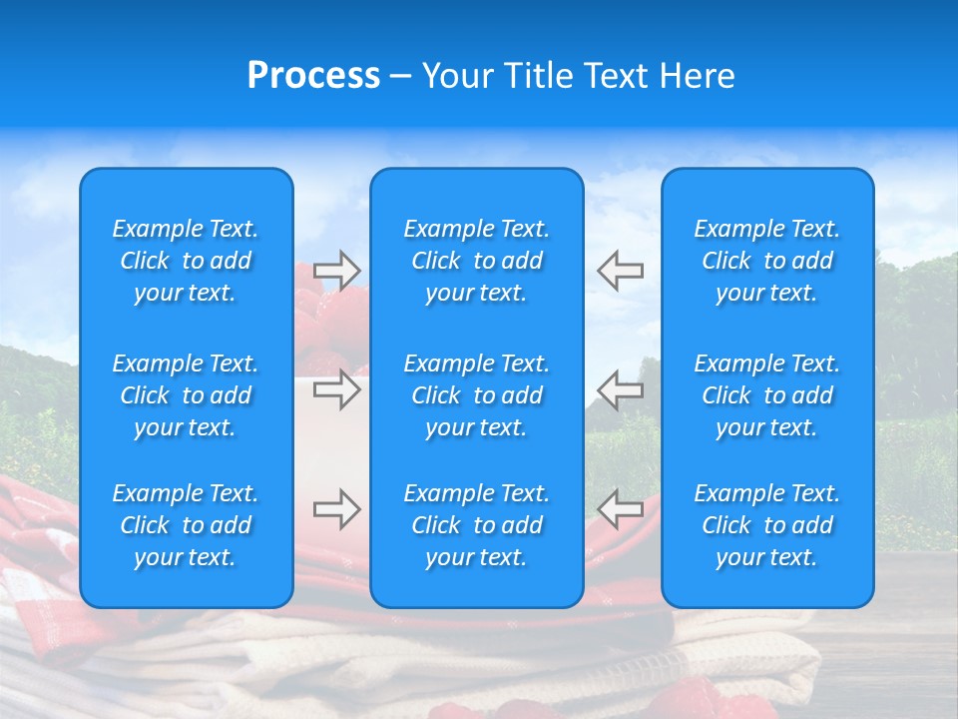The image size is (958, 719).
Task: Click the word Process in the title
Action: pos(313,76)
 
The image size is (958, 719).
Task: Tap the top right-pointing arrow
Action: pos(336,270)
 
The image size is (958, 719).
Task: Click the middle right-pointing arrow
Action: pos(336,389)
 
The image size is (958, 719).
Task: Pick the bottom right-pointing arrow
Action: pos(336,509)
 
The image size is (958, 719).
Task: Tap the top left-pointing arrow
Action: pos(621,270)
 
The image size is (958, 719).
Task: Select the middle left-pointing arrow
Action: pos(621,389)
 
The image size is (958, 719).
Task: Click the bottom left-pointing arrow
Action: pos(621,509)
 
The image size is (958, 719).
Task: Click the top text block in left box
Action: pos(186,261)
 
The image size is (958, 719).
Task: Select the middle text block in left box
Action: pos(186,395)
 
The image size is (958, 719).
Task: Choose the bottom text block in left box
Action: pos(186,525)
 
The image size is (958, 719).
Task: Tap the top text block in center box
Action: pos(477,261)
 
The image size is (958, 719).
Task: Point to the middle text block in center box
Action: pos(477,395)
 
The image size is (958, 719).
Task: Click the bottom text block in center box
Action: pos(477,525)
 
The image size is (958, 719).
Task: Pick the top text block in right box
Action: pos(767,261)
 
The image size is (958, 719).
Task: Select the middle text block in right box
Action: pos(767,395)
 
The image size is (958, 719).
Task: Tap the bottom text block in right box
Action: pos(767,525)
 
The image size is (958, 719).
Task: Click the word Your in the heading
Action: pos(457,76)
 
